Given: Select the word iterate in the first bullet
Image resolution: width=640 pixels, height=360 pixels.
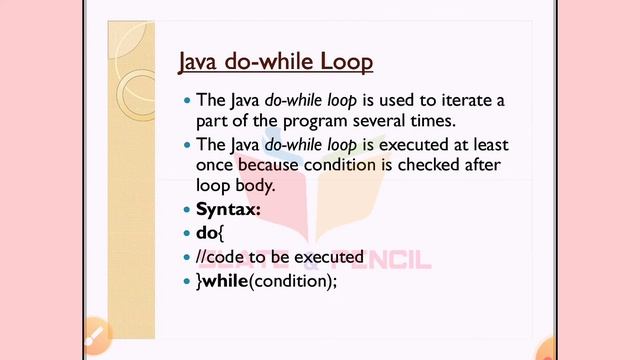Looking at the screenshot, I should click(463, 100).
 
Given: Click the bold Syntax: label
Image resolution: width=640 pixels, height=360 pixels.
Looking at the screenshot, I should click(228, 209).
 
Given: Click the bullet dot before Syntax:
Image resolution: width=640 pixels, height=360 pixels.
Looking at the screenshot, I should click(186, 210).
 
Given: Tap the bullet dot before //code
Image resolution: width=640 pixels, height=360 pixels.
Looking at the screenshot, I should click(186, 258).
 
